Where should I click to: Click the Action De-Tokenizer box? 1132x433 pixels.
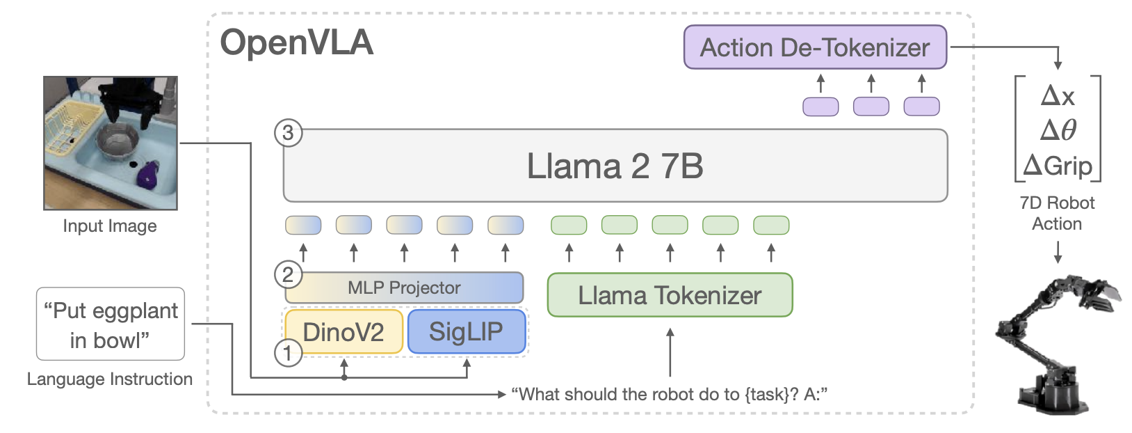814,47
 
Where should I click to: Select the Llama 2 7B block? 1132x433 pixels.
615,166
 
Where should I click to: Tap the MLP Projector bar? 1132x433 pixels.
404,288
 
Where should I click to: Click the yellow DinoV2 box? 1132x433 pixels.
343,332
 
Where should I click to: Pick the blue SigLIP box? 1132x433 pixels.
466,332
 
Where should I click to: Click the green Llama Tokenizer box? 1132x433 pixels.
670,295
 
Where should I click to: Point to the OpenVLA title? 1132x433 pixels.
297,42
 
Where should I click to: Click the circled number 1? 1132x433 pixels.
288,353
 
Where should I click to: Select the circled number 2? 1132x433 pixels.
288,274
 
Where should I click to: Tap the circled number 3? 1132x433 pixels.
288,132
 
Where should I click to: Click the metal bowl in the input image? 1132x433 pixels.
119,139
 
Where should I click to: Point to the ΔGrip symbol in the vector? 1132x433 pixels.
1058,166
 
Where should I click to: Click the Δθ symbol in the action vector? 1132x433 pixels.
1058,130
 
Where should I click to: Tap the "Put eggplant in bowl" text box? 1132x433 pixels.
111,324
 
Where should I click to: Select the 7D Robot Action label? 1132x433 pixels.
1057,213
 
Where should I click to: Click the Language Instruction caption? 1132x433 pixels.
110,379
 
